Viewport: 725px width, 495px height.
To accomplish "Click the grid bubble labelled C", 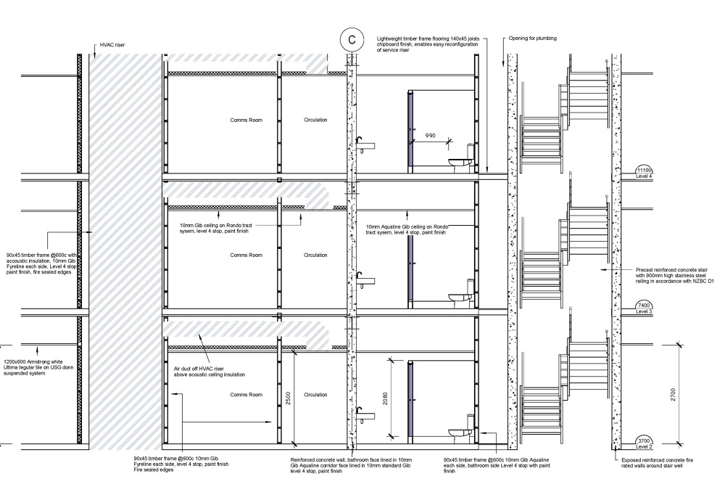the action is coord(352,40).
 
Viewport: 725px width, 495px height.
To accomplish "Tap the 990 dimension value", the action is coord(430,136).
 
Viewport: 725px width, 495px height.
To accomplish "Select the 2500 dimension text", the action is coord(288,398).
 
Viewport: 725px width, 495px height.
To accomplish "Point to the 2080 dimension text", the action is coord(385,398).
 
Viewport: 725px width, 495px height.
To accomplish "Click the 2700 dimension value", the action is coord(673,395).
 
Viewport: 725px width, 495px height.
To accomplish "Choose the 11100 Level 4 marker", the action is coord(644,173).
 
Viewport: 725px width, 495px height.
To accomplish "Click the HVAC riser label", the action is coord(112,45).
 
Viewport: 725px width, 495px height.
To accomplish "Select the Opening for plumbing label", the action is coord(533,38).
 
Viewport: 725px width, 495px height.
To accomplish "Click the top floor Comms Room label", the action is coord(246,120).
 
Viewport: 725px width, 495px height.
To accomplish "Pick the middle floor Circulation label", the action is coord(315,255).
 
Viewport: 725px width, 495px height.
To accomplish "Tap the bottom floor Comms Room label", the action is coord(246,395).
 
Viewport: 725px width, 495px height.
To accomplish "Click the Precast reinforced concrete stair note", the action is coord(674,275).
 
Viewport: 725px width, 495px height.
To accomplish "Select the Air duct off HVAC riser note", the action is coord(210,372).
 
